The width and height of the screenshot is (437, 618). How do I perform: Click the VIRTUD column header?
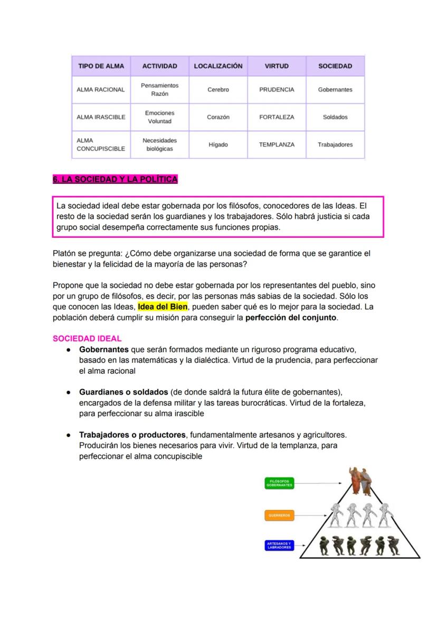[277, 66]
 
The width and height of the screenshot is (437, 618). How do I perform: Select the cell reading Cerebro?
[218, 90]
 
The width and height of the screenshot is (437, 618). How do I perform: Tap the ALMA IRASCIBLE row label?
[101, 117]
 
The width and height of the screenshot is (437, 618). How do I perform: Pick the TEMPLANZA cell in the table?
[277, 145]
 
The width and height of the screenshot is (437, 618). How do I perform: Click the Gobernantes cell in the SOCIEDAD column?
[335, 90]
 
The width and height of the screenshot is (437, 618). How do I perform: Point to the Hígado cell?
[218, 145]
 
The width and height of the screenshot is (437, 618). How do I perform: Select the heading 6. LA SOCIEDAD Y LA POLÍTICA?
[115, 180]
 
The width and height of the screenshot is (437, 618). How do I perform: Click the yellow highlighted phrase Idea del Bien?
[163, 307]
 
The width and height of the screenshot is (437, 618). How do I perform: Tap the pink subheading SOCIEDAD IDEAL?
[87, 338]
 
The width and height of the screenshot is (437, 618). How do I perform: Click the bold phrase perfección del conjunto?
[291, 318]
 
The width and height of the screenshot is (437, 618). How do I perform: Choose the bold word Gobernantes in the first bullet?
[104, 349]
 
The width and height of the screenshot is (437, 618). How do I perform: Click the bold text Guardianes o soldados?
[123, 392]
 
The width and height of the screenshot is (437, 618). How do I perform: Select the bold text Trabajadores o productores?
[132, 435]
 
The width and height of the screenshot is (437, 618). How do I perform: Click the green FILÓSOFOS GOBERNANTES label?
[279, 483]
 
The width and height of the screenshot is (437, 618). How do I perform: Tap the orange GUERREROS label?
[279, 515]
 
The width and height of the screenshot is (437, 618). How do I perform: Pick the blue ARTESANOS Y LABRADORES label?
[279, 546]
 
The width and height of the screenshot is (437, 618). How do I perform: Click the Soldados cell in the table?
[335, 117]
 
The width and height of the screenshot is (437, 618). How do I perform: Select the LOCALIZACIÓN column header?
[218, 66]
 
